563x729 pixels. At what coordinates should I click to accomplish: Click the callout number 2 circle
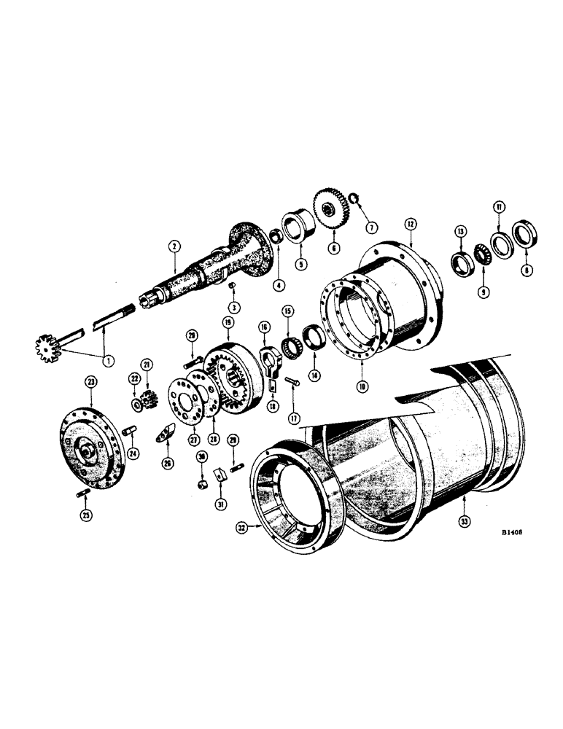(174, 247)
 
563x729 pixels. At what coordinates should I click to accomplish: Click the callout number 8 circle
(527, 268)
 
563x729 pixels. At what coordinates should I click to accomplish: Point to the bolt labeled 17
(292, 383)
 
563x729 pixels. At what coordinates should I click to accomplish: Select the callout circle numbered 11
(498, 207)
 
